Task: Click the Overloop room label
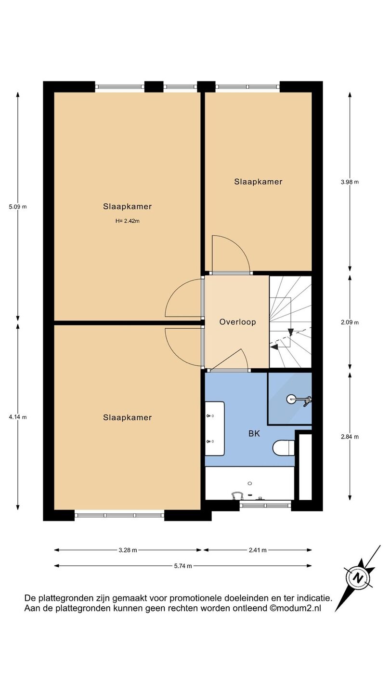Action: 238,322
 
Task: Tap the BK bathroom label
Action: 254,433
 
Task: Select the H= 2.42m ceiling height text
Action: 128,221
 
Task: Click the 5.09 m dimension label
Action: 18,207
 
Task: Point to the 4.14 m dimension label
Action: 18,417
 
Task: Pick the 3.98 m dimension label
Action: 350,182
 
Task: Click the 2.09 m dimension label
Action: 350,322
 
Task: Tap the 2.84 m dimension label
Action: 350,437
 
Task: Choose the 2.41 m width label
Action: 258,550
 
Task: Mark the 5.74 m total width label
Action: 183,566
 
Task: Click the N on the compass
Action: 359,578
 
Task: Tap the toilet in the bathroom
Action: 283,448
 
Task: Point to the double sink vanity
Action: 215,428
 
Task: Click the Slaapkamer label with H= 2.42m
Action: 128,206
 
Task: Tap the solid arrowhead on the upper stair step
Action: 291,332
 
